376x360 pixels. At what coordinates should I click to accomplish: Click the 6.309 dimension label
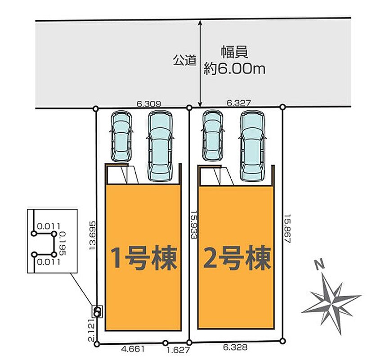coord(148,104)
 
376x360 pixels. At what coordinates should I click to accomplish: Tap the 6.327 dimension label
coord(238,103)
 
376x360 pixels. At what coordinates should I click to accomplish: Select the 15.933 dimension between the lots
coord(194,225)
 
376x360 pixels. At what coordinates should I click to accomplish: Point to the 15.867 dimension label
coord(287,229)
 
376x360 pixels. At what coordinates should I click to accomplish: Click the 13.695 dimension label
coord(93,235)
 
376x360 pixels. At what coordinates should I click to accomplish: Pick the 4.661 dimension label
coord(133,349)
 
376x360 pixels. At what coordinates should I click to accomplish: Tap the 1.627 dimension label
coord(178,350)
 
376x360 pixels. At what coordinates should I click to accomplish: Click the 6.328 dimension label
coord(235,347)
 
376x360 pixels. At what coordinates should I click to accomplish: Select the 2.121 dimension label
coord(92,330)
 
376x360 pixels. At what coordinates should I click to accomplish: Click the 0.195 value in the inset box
coord(63,243)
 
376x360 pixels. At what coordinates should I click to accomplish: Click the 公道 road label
coord(185,60)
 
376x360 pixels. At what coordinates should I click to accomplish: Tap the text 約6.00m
coord(234,69)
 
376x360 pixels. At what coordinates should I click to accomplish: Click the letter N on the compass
coord(320,265)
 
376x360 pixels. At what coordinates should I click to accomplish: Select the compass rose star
coord(331,304)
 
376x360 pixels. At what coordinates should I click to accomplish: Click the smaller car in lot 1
coord(121,136)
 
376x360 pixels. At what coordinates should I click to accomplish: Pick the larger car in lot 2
coord(252,146)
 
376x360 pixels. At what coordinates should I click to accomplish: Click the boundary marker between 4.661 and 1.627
coord(165,342)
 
